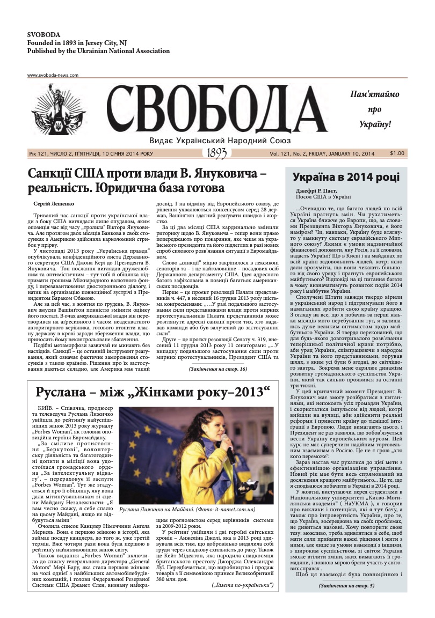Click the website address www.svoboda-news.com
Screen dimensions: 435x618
(53, 75)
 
